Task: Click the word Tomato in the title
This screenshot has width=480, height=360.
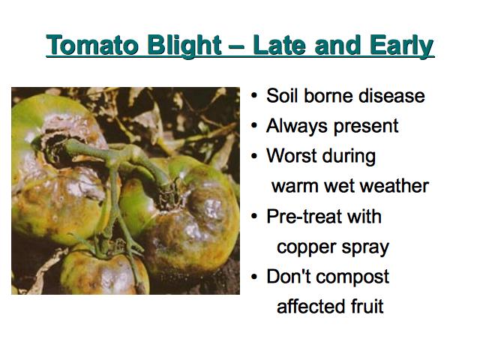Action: click(91, 45)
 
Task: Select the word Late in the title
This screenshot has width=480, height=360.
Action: click(279, 45)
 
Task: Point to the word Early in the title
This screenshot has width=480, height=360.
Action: click(401, 46)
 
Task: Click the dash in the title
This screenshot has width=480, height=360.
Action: click(236, 46)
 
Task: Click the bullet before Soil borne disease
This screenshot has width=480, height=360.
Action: click(254, 95)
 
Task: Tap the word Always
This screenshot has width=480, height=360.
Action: click(297, 126)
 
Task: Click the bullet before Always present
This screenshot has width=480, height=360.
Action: click(254, 125)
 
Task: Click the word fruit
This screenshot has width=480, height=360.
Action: click(367, 306)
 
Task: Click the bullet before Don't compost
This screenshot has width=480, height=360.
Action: click(254, 277)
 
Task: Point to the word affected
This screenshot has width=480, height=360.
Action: click(310, 306)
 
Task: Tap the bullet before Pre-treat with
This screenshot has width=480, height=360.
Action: click(254, 216)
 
